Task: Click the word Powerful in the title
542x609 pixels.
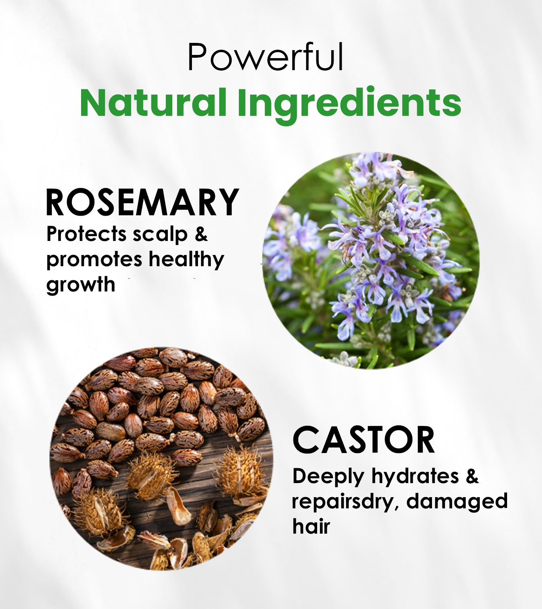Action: point(266,57)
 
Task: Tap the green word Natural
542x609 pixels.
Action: point(153,103)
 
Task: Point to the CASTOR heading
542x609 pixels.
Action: point(364,440)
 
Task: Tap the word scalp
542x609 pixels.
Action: point(160,235)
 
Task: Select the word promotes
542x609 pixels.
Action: point(94,260)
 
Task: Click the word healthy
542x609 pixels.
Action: point(187,259)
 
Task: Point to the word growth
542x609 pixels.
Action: point(81,284)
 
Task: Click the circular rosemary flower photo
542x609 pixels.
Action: point(371,261)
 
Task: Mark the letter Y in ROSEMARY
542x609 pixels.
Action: point(228,202)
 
